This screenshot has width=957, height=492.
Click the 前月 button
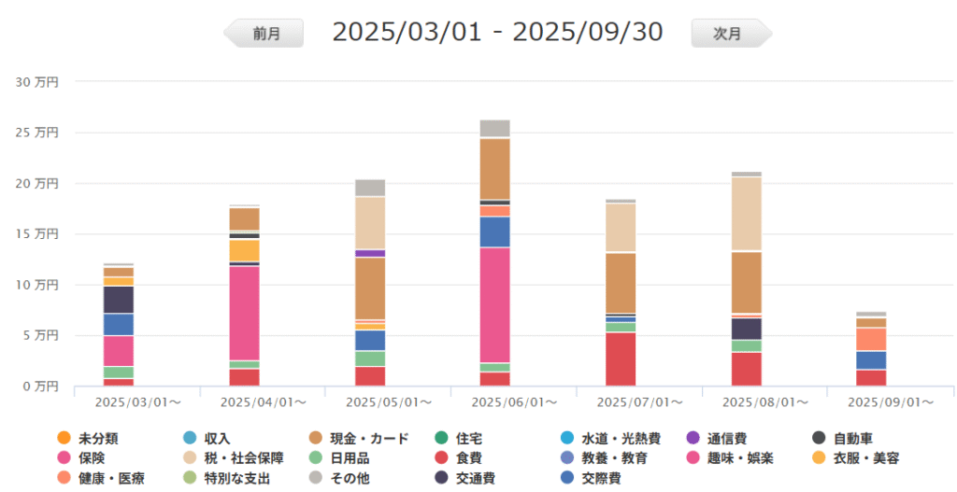(264, 34)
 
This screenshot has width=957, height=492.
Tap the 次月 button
(730, 34)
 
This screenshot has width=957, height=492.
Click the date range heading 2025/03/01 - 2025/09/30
(497, 33)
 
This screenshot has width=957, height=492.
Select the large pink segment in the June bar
(494, 304)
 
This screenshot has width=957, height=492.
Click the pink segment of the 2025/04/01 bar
(244, 313)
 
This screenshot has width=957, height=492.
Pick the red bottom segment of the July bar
(620, 358)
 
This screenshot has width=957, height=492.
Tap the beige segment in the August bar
(746, 214)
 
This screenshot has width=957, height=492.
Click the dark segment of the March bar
(119, 299)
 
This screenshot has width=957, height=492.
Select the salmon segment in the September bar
(871, 339)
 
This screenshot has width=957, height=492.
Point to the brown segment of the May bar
(369, 288)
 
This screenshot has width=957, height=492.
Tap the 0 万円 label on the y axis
(40, 386)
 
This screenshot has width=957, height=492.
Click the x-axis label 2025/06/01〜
(514, 403)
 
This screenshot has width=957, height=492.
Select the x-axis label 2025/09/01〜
(890, 403)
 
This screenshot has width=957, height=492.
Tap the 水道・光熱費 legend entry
(599, 438)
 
